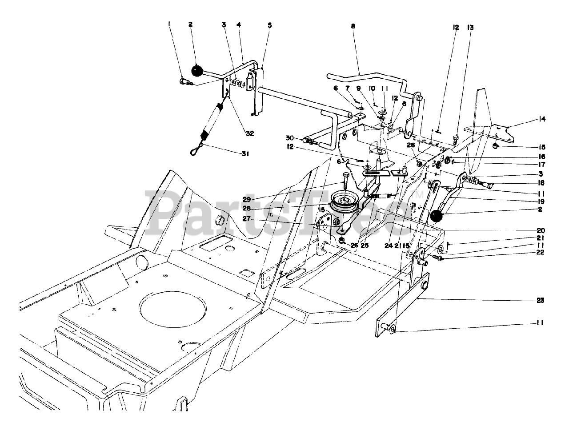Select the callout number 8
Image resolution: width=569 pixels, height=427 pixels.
353,27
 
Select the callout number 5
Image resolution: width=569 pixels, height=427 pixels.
269,25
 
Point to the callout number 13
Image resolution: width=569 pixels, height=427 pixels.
470,28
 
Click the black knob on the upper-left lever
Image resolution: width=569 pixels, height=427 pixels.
196,70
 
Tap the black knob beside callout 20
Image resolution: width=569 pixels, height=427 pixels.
437,217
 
